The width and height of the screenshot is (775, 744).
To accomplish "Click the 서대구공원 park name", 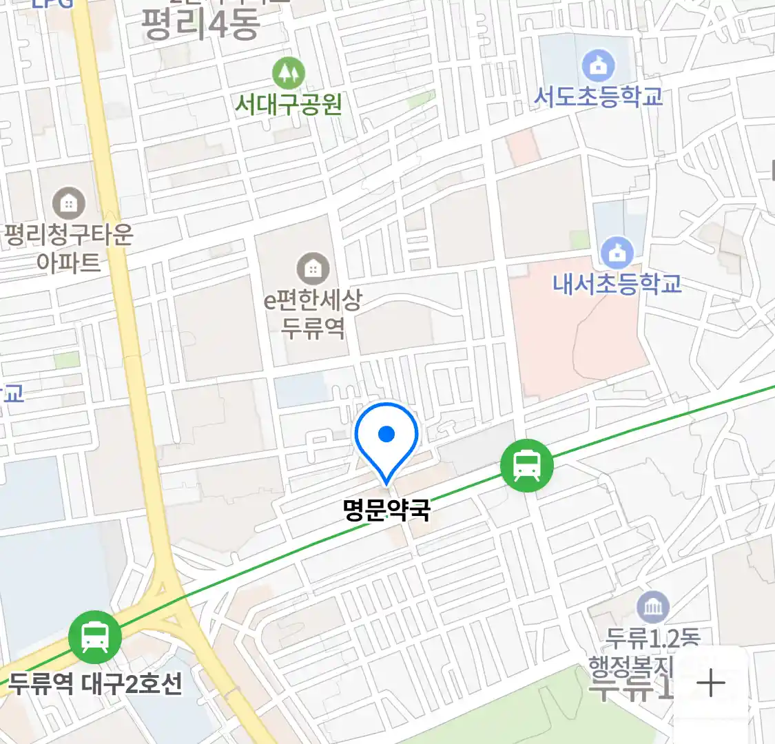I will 289,104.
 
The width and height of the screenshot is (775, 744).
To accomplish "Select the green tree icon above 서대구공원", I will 289,71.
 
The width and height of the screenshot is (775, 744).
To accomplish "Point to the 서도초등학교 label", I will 598,96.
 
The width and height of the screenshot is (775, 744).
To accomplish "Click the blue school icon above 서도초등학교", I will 598,65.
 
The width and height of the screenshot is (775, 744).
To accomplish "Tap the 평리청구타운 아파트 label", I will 68,248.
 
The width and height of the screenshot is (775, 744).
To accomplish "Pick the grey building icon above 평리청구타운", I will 68,203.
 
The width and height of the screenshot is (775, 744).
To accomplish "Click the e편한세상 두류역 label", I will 313,313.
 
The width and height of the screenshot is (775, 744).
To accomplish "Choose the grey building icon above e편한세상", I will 313,268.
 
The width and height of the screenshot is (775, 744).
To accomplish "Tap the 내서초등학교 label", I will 617,283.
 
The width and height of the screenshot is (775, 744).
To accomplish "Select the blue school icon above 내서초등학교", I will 617,253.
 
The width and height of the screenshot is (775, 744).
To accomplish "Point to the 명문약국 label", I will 386,510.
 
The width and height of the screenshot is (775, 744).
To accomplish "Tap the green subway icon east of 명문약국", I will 527,466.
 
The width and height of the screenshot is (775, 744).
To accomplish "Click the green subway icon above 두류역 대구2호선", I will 95,637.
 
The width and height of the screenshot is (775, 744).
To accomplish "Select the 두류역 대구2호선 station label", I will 95,684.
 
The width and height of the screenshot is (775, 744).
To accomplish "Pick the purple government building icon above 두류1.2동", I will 652,607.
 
